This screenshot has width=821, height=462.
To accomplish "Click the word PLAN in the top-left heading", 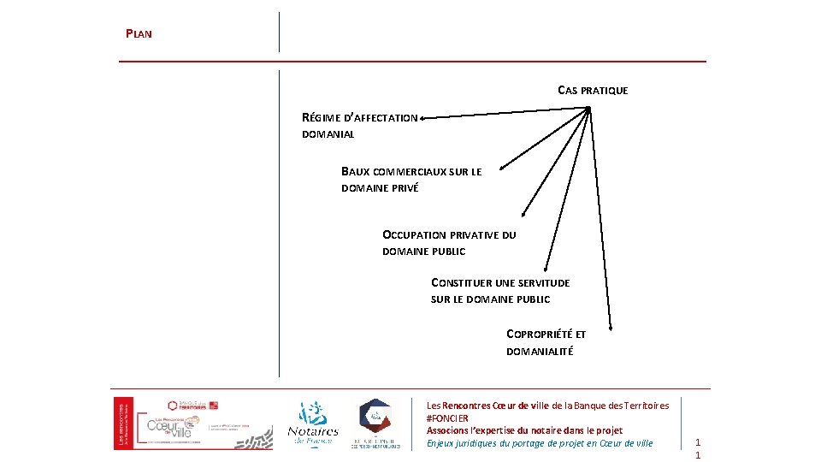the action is pyautogui.click(x=139, y=34).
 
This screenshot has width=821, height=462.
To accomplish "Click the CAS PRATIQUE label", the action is pyautogui.click(x=593, y=90).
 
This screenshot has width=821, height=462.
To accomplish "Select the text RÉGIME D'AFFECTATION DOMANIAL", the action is pyautogui.click(x=359, y=126).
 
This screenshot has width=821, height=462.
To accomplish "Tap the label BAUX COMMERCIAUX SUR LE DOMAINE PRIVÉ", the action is pyautogui.click(x=410, y=180).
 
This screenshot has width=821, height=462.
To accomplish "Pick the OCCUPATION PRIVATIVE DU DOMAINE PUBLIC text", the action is pyautogui.click(x=449, y=242).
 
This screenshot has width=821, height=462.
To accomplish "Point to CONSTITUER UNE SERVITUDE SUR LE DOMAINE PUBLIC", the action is pyautogui.click(x=500, y=291).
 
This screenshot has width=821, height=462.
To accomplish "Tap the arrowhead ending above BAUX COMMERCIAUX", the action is pyautogui.click(x=502, y=166).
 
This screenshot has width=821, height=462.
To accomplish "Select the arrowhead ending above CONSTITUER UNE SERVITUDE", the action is pyautogui.click(x=546, y=269).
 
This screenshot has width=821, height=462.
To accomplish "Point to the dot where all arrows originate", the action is pyautogui.click(x=588, y=108).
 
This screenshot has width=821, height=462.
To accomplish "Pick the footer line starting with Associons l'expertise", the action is pyautogui.click(x=524, y=430).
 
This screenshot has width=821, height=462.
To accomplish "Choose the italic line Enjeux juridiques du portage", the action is pyautogui.click(x=539, y=443).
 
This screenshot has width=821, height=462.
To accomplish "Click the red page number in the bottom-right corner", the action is pyautogui.click(x=698, y=448).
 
